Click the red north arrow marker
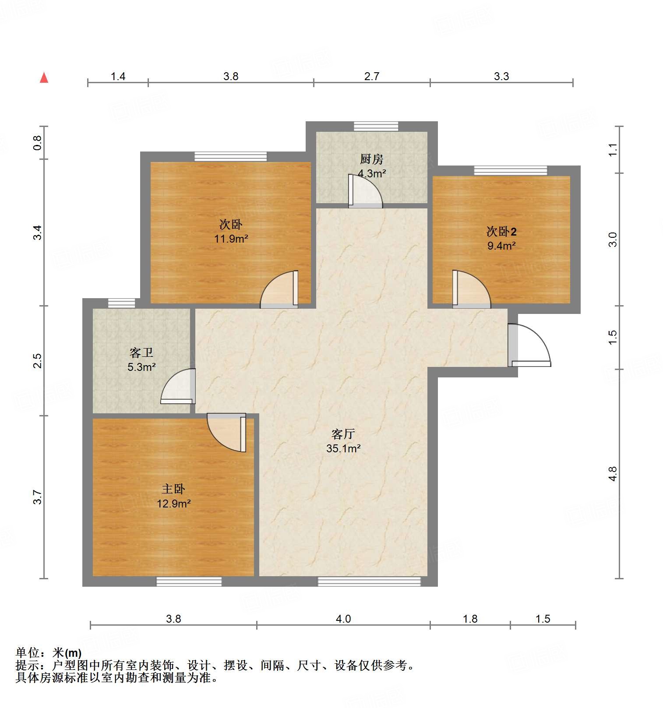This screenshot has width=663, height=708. click(44, 77)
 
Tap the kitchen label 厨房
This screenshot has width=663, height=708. click(371, 159)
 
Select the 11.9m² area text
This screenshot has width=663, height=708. click(231, 239)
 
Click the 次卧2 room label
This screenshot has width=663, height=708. click(501, 232)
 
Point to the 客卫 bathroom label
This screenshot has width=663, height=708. click(141, 353)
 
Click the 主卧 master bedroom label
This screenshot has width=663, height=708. click(173, 489)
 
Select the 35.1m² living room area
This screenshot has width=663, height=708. click(343, 449)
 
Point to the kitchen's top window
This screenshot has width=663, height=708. click(376, 127)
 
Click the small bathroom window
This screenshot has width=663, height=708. click(122, 303)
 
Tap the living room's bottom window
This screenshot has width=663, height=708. click(369, 581)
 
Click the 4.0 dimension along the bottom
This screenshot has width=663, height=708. click(343, 619)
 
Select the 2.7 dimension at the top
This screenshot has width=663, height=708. click(371, 77)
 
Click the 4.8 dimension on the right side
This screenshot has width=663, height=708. click(613, 474)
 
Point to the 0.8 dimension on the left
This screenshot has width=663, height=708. click(38, 143)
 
